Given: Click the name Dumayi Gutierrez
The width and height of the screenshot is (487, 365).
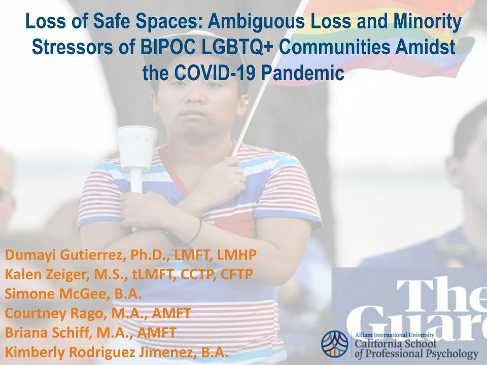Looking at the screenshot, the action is [65, 255].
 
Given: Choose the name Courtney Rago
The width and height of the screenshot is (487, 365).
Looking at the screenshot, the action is [56, 313].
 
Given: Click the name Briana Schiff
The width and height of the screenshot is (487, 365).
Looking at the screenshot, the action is [49, 333].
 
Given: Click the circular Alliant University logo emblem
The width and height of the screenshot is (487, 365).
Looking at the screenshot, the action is [335, 344].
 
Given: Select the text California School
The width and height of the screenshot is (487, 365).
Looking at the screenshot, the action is [395, 344].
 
